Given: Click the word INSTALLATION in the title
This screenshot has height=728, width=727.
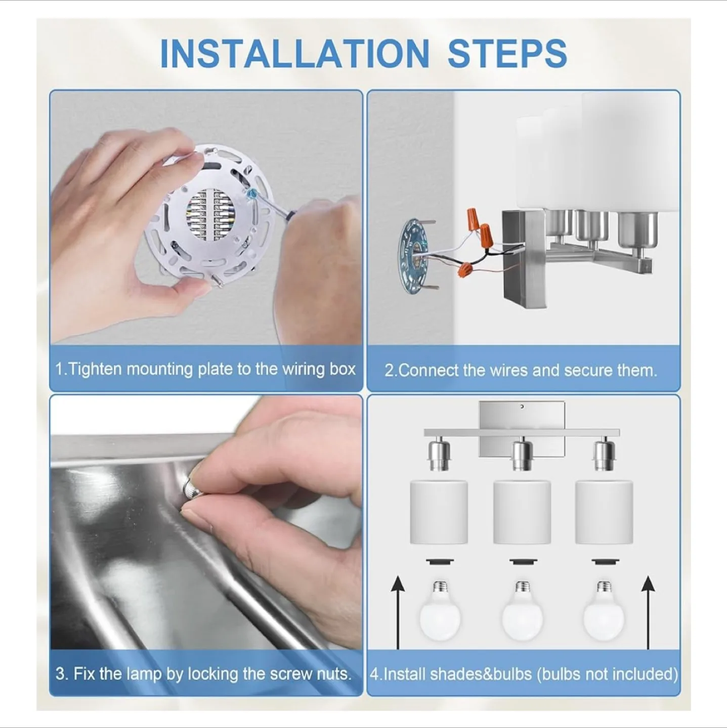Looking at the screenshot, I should [x=294, y=54].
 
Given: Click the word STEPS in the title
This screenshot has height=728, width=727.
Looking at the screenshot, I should [x=507, y=54].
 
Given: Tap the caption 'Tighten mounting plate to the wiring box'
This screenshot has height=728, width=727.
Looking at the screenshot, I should [x=205, y=369].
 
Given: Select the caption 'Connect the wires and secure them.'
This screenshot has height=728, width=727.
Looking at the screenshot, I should [x=521, y=371].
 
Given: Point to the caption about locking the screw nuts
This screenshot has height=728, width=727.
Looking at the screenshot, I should [x=203, y=674].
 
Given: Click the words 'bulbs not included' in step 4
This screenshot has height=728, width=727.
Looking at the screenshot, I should [x=607, y=674].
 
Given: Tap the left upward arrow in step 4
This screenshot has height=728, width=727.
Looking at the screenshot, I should [x=399, y=612].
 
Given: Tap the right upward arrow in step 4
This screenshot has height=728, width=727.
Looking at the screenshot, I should [x=648, y=612].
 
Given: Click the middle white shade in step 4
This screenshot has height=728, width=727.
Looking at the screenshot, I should [x=522, y=512].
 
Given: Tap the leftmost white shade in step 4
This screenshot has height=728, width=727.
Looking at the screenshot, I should [x=439, y=512].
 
